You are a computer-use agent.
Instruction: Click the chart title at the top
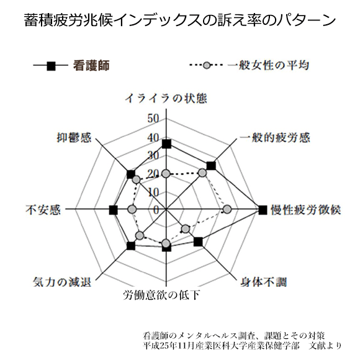[x=180, y=20]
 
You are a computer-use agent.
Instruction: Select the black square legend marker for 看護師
[x=51, y=66]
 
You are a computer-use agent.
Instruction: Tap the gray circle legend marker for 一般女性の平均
[x=207, y=65]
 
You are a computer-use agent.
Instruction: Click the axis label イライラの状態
[x=166, y=98]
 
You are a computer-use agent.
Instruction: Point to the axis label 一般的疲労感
[x=275, y=138]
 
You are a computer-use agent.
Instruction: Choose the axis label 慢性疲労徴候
[x=306, y=210]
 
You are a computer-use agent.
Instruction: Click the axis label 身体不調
[x=264, y=282]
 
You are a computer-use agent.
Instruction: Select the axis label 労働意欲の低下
[x=161, y=295]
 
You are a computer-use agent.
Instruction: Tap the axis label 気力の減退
[x=62, y=282]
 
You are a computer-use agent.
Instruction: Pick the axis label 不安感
[x=43, y=210]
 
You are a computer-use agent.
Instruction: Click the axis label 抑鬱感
[x=74, y=138]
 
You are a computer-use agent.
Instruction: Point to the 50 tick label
[x=153, y=119]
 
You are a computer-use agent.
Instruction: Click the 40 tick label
[x=153, y=138]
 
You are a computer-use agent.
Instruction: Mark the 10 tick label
[x=153, y=192]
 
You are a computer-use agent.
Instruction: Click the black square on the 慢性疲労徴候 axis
[x=263, y=210]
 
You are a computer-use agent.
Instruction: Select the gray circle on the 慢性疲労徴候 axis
[x=227, y=209]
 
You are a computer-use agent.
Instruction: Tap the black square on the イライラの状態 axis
[x=166, y=144]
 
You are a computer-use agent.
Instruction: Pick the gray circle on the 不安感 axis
[x=132, y=209]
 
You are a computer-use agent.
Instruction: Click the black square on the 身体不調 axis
[x=198, y=242]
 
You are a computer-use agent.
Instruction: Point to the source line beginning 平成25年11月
[x=242, y=346]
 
